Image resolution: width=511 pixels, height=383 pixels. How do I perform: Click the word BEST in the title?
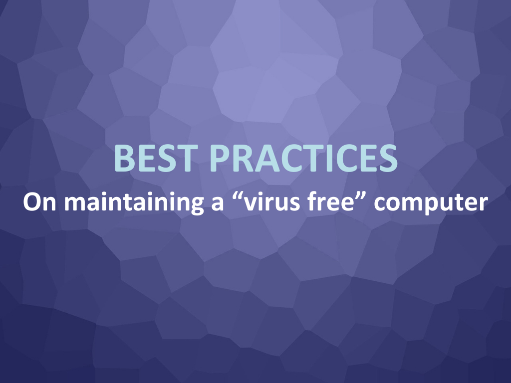click(x=156, y=158)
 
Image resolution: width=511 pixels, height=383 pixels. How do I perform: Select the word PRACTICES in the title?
click(x=303, y=158)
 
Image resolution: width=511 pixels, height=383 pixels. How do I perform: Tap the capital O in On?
click(x=31, y=202)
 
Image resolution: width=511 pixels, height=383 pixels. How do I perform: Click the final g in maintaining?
click(x=197, y=206)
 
